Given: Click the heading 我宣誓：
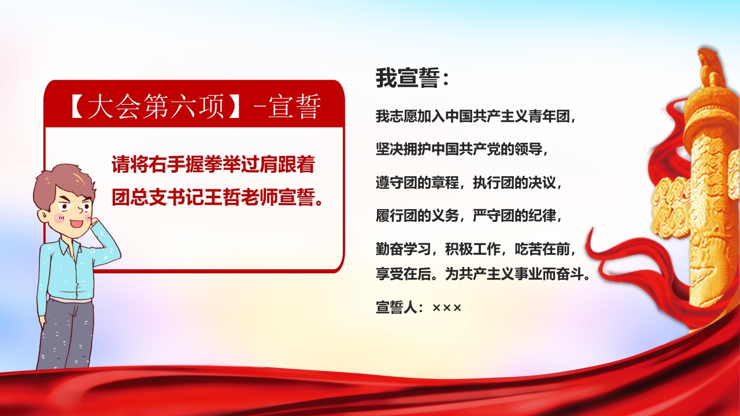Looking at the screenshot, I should coord(412,79).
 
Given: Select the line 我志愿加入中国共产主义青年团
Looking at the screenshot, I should coord(476,117).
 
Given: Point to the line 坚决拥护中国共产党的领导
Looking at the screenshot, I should coord(461,150).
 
